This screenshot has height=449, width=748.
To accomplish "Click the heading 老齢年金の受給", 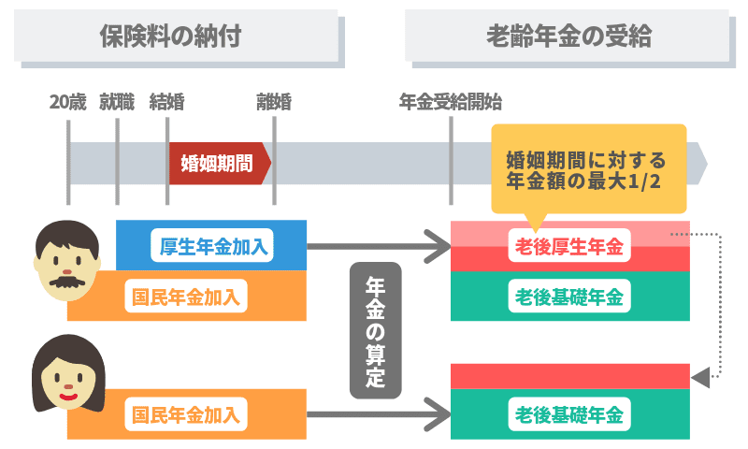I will point(568,36).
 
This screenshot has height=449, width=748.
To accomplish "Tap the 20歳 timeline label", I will point(67,102).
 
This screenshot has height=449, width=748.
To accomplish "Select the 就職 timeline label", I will point(117,102).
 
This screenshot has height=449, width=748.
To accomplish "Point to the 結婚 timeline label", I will point(167,102).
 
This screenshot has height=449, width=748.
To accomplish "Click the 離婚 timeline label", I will point(274,102).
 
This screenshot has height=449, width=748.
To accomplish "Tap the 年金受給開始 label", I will point(451,102).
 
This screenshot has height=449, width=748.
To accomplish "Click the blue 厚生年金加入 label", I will point(214,247).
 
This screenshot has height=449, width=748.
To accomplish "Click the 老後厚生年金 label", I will point(569,247).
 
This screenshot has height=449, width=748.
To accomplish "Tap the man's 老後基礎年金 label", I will point(569,297).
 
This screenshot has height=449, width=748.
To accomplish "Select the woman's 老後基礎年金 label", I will point(569,413).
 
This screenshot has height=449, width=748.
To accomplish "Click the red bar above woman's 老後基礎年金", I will point(569,375).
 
